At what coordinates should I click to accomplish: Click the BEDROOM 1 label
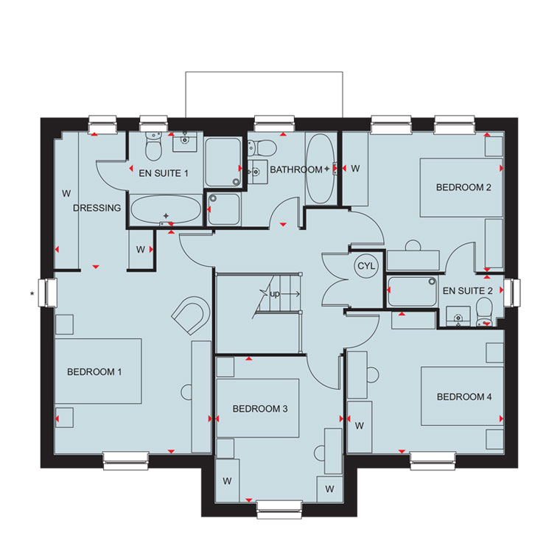tap(94, 372)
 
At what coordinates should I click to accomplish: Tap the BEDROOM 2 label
tap(463, 187)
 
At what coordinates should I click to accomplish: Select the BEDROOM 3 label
tap(260, 408)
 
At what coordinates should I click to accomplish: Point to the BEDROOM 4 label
tap(464, 396)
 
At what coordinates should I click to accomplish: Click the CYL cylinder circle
tap(366, 266)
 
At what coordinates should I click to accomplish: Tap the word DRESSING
tap(97, 208)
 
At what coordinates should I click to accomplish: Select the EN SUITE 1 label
tap(164, 173)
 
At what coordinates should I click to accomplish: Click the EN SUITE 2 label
tap(467, 291)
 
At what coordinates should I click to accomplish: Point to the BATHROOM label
tap(296, 169)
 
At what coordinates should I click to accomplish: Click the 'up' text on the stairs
tap(275, 294)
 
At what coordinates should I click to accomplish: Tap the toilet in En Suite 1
tap(153, 147)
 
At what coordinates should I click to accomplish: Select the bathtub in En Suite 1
tap(166, 210)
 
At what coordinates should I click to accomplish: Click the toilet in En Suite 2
tap(485, 312)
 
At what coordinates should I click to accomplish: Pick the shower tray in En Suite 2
tap(413, 292)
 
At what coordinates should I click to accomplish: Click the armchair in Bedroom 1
tap(191, 315)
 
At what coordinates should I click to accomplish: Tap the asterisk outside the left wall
tap(32, 294)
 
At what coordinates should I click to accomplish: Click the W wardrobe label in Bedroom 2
tap(355, 169)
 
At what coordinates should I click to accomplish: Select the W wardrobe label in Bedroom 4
tap(360, 426)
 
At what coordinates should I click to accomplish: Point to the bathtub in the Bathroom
tap(321, 169)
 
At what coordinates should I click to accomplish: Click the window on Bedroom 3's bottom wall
tap(279, 509)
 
